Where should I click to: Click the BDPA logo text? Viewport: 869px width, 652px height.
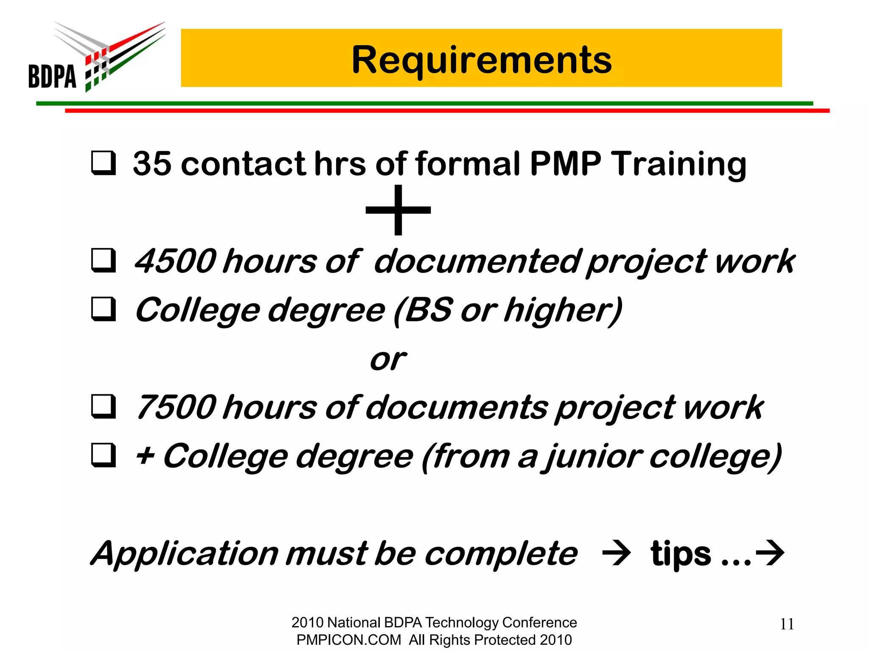coord(52,76)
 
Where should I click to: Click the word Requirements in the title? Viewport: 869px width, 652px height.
coord(481,60)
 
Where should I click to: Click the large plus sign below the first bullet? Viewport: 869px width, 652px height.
coord(398,210)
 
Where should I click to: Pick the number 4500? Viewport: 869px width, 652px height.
coord(176,261)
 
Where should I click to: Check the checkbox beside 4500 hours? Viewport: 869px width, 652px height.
coord(103,261)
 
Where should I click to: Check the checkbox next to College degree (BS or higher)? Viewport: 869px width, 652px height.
coord(103,309)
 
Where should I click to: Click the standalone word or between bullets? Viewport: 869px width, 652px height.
coord(388,360)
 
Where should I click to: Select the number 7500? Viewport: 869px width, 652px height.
coord(176,407)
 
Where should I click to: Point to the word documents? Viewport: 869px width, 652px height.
coord(456,407)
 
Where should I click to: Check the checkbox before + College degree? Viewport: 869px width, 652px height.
coord(103,455)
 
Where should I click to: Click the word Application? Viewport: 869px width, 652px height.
coord(185,554)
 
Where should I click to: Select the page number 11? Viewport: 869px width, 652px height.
coord(787,624)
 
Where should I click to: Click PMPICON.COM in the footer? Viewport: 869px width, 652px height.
coord(348,640)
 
